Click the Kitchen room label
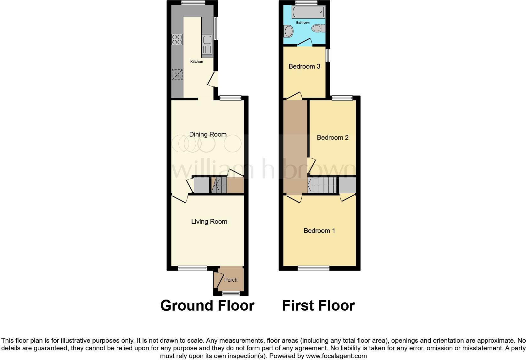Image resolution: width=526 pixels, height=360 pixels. [197, 62]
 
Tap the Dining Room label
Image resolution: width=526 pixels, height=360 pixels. [208, 134]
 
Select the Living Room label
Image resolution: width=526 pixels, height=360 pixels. [209, 222]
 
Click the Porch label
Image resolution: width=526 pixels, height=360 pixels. [231, 280]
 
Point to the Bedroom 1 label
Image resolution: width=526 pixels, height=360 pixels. [319, 231]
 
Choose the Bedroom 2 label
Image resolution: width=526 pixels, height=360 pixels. [333, 138]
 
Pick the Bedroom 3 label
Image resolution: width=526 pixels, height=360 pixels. [304, 66]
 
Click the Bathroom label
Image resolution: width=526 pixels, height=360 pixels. [303, 23]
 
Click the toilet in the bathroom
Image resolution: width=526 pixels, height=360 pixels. [318, 28]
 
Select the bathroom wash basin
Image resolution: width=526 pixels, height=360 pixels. [288, 31]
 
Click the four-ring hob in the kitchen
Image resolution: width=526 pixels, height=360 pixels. [177, 39]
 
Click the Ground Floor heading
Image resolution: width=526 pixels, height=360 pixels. [207, 306]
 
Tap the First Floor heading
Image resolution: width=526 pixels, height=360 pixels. [318, 306]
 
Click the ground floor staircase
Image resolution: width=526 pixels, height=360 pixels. [219, 185]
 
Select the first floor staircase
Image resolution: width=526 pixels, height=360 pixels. [322, 185]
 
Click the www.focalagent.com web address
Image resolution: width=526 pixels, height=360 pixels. [336, 356]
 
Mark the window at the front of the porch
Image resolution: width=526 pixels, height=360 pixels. [231, 294]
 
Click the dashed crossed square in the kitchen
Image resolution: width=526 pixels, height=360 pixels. [177, 75]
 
